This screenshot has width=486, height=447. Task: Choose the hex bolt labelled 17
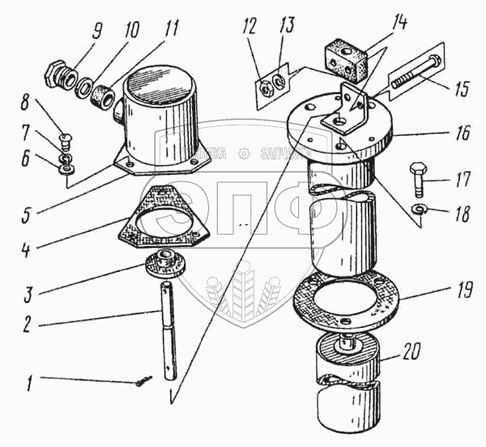tap(417, 178)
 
